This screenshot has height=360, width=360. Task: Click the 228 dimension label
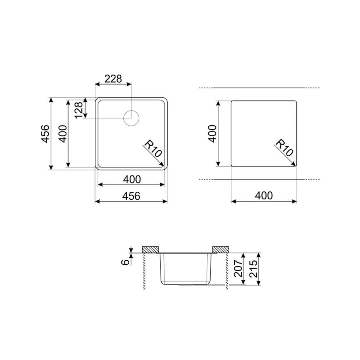point(113,79)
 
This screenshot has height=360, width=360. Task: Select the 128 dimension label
point(79,110)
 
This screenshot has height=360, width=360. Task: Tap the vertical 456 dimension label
point(45,134)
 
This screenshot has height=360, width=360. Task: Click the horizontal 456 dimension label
point(131,196)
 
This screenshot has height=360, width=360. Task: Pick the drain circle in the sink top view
point(131,118)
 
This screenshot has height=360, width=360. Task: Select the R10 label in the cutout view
point(284,148)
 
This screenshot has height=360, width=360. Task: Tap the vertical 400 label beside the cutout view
point(212,134)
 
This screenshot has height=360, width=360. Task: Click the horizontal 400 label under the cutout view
point(264,196)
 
